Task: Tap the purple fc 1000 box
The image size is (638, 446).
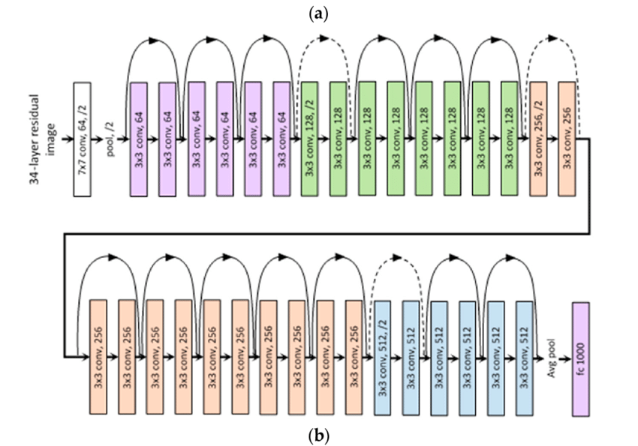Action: coord(580,348)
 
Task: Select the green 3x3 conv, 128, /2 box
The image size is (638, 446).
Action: coord(310,139)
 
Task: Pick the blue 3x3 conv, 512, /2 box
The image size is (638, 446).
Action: coord(382,348)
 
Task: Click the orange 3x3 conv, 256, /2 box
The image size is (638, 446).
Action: coord(539,139)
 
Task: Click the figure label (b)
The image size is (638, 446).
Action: coord(318,433)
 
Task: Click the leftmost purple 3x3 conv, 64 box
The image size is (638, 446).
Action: coord(139,139)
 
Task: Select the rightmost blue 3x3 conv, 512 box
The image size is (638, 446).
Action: coord(524,348)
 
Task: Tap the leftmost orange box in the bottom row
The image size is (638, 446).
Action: coord(99,348)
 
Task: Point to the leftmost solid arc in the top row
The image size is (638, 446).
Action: coord(153,43)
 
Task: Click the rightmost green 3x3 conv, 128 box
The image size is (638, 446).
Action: coord(510,139)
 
